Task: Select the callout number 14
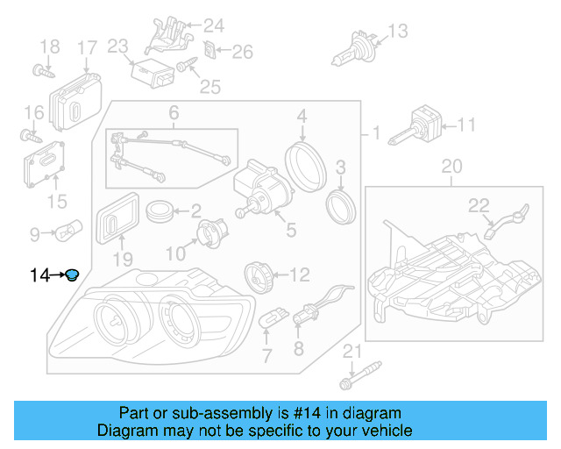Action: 39,276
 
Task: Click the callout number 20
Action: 451,166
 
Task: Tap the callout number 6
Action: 174,112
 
